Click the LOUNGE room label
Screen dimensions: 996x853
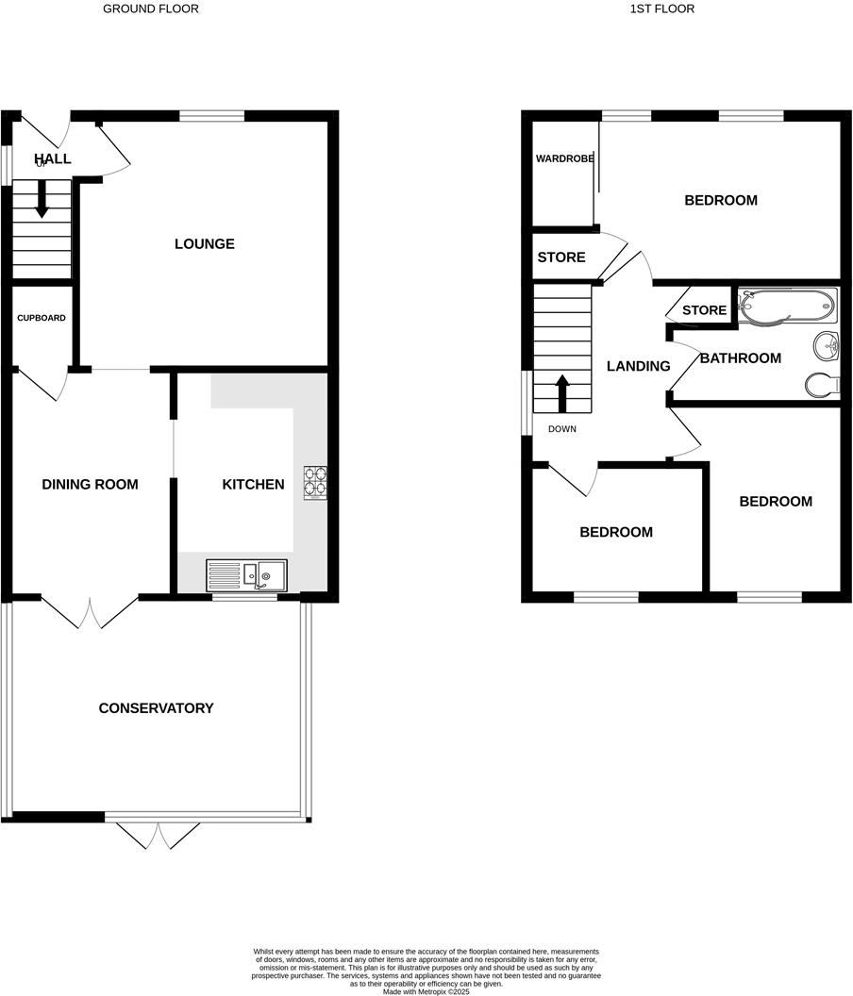[x=205, y=244]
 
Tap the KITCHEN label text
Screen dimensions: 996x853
[x=253, y=485]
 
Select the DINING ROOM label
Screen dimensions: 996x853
[x=91, y=485]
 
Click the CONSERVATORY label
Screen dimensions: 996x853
[x=157, y=708]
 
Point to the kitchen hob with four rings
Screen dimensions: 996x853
[x=314, y=482]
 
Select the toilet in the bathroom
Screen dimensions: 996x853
[x=823, y=385]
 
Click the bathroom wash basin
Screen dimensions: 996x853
[x=827, y=347]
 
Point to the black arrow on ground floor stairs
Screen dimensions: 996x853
[x=42, y=199]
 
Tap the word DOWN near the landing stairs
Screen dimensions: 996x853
[x=561, y=429]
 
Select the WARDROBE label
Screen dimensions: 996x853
[x=565, y=158]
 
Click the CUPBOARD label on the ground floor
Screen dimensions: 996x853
[x=42, y=318]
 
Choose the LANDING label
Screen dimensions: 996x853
[x=639, y=366]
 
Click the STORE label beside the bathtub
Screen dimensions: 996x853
[x=704, y=310]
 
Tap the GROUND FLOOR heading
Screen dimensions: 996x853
[x=151, y=8]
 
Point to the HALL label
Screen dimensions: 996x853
[x=53, y=158]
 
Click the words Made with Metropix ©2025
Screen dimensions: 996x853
[x=426, y=991]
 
